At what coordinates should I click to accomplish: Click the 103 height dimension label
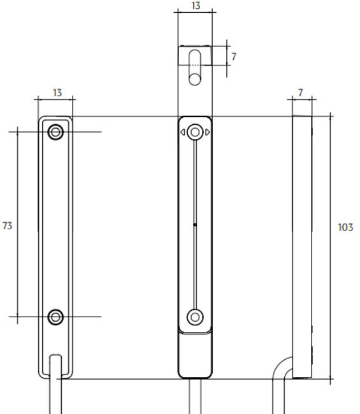pos(345,227)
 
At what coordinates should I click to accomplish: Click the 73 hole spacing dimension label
pos(8,225)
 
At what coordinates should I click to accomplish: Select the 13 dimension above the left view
pos(57,93)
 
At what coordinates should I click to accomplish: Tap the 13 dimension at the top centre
pos(196,6)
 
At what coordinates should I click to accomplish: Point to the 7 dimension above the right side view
pos(300,93)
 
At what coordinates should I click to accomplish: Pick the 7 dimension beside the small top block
pos(234,57)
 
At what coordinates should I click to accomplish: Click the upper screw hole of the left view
pos(55,132)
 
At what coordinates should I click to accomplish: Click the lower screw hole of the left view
pos(55,317)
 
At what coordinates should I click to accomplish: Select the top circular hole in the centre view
pos(195,132)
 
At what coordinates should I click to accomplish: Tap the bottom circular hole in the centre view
pos(195,317)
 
